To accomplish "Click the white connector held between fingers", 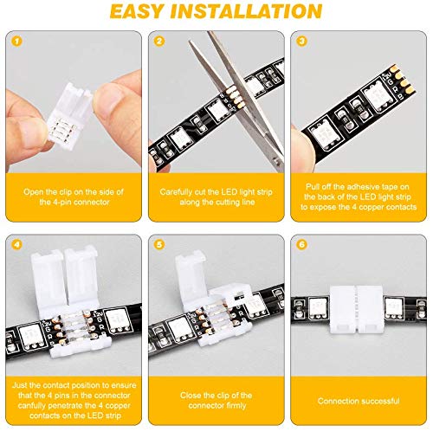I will pos(74,89).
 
